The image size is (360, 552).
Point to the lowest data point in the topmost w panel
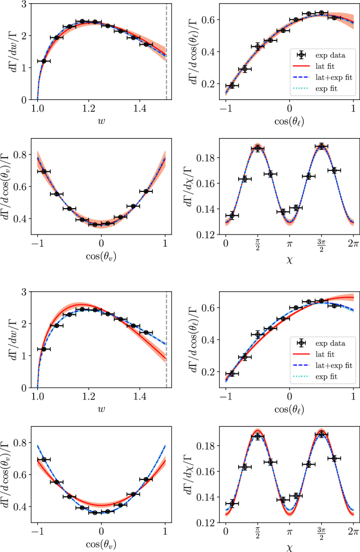(44, 62)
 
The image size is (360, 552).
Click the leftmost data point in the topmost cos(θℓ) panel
(232, 85)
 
